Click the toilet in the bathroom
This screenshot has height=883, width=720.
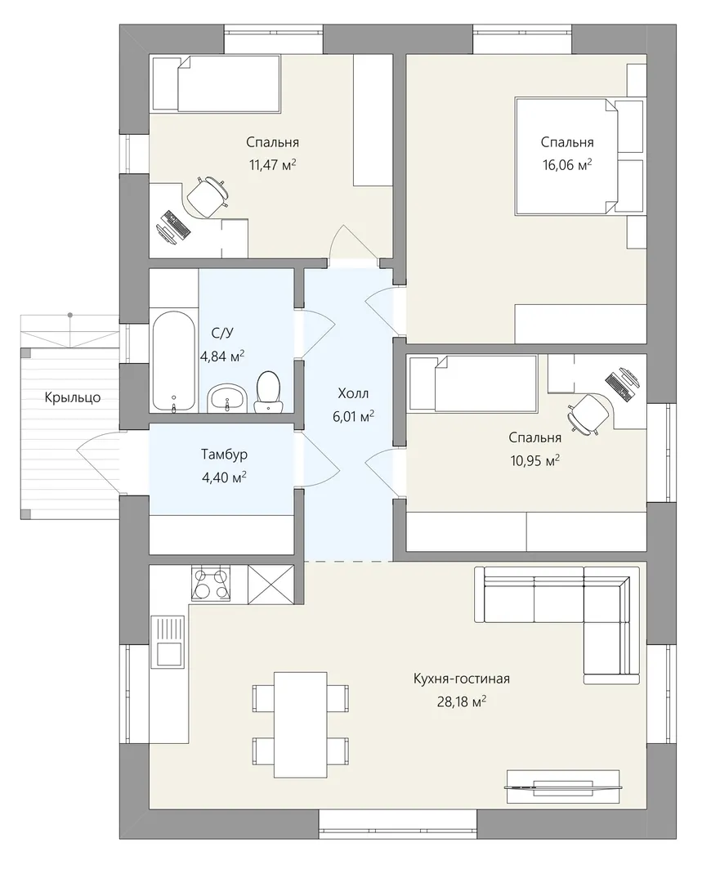pyautogui.click(x=268, y=392)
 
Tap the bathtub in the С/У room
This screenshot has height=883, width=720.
pyautogui.click(x=173, y=362)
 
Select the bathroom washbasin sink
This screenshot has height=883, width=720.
pyautogui.click(x=227, y=399)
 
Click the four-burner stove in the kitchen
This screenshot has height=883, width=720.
pyautogui.click(x=211, y=584)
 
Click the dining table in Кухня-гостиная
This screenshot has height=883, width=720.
pyautogui.click(x=301, y=723)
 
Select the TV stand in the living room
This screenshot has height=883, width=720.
pyautogui.click(x=563, y=787)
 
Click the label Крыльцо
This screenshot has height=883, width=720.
pyautogui.click(x=73, y=397)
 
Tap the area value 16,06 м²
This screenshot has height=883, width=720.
pyautogui.click(x=567, y=165)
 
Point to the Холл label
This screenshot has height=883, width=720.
pyautogui.click(x=353, y=393)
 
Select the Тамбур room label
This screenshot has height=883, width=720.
pyautogui.click(x=224, y=454)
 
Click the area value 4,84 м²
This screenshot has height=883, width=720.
pyautogui.click(x=222, y=356)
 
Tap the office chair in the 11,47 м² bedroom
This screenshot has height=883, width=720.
pyautogui.click(x=207, y=195)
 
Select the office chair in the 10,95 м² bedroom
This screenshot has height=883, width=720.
pyautogui.click(x=588, y=414)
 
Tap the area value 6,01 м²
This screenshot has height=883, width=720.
pyautogui.click(x=354, y=416)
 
